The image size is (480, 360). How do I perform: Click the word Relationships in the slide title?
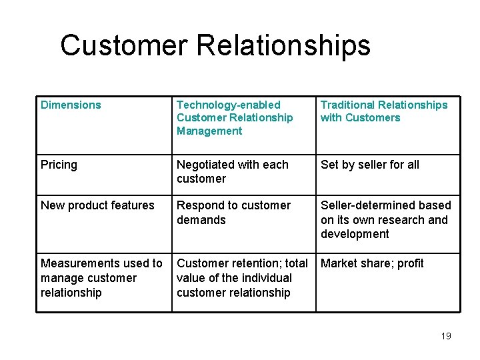click(283, 45)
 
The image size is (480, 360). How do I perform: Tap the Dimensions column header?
click(71, 105)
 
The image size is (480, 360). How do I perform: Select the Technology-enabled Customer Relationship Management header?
click(235, 117)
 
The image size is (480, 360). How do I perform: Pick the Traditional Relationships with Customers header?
click(384, 111)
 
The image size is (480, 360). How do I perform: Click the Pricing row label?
click(59, 165)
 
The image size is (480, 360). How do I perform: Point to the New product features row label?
click(97, 205)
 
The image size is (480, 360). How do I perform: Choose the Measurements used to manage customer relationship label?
click(101, 278)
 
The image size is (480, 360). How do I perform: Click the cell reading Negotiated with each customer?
click(233, 171)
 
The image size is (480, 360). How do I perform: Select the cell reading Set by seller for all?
click(370, 165)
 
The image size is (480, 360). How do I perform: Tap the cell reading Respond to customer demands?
click(233, 213)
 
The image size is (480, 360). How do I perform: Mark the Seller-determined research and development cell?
click(385, 219)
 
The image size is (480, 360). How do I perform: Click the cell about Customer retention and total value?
click(242, 278)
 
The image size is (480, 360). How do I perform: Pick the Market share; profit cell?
click(372, 263)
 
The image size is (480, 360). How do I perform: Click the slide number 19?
click(446, 336)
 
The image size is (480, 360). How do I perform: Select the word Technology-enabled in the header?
click(229, 105)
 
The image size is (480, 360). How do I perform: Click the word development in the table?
click(355, 234)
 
